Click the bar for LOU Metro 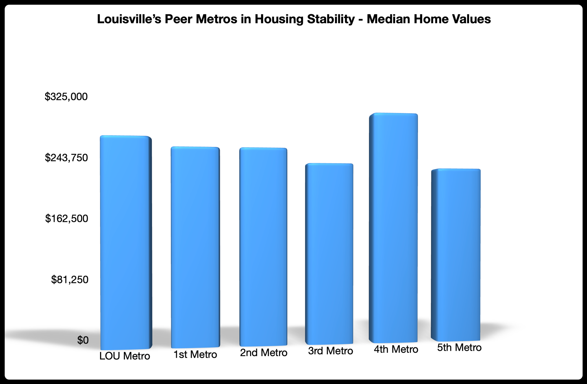(x=126, y=242)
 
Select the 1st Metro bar (x=195, y=247)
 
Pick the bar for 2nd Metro (x=263, y=247)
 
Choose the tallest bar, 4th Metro (x=393, y=228)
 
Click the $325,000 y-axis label (x=66, y=96)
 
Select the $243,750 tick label (x=66, y=158)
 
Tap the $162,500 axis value (x=66, y=219)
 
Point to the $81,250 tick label (x=70, y=280)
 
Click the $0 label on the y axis (x=82, y=340)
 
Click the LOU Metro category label (x=125, y=356)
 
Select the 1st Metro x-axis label (x=195, y=355)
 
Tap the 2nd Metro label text (x=264, y=353)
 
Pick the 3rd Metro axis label (x=330, y=351)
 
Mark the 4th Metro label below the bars (x=396, y=349)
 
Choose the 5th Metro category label (x=459, y=348)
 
